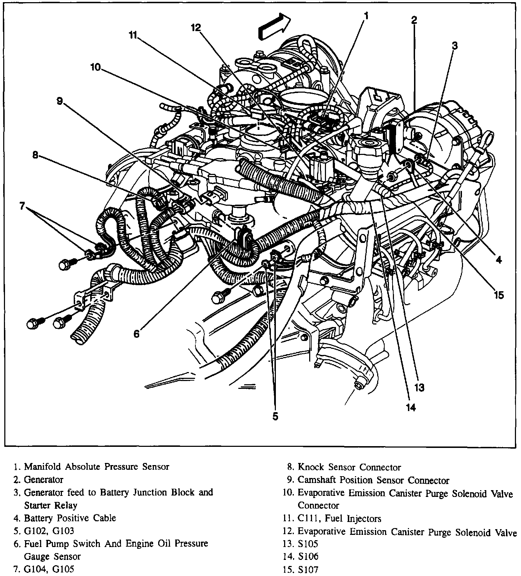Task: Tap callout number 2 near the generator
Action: click(414, 20)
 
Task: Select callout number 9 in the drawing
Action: click(60, 101)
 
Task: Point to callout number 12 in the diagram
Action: click(196, 28)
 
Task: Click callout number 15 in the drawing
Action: click(498, 295)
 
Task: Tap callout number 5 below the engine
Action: click(275, 416)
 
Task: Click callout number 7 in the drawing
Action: click(22, 206)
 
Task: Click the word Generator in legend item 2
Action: click(43, 479)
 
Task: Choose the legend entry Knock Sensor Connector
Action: click(349, 467)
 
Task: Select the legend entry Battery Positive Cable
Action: click(70, 518)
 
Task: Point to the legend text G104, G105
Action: click(49, 569)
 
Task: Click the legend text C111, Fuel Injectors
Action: click(339, 518)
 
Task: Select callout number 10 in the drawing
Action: click(96, 67)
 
